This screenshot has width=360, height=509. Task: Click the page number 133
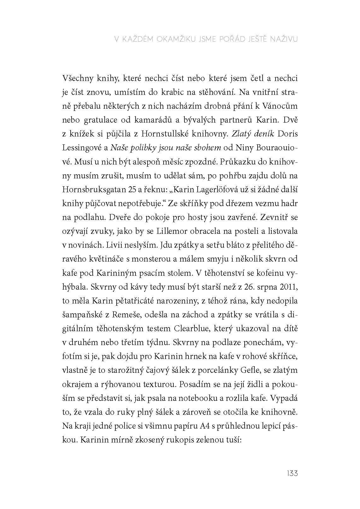pos(292,473)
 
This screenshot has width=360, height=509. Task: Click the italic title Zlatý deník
pos(252,134)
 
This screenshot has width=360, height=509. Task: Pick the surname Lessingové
pos(83,147)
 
